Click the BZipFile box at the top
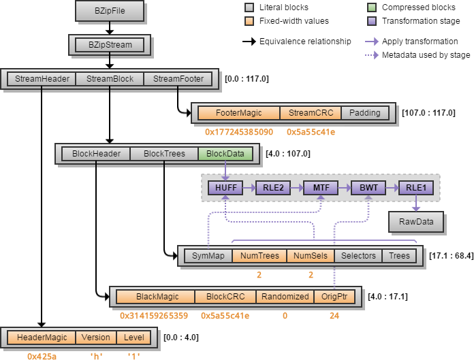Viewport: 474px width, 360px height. (x=109, y=11)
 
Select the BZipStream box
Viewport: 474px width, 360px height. (x=109, y=46)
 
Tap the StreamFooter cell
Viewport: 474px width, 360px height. (x=178, y=79)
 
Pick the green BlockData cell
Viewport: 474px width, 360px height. (x=225, y=154)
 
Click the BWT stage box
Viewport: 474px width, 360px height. (x=368, y=188)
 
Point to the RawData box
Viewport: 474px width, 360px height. (x=415, y=222)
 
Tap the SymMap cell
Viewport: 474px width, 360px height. (x=208, y=257)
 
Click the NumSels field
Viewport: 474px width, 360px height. (x=311, y=257)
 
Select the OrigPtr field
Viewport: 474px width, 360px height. (x=334, y=297)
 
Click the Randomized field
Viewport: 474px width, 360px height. (x=285, y=297)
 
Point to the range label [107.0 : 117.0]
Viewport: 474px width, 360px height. (x=429, y=113)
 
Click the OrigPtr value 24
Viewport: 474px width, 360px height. (x=333, y=315)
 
